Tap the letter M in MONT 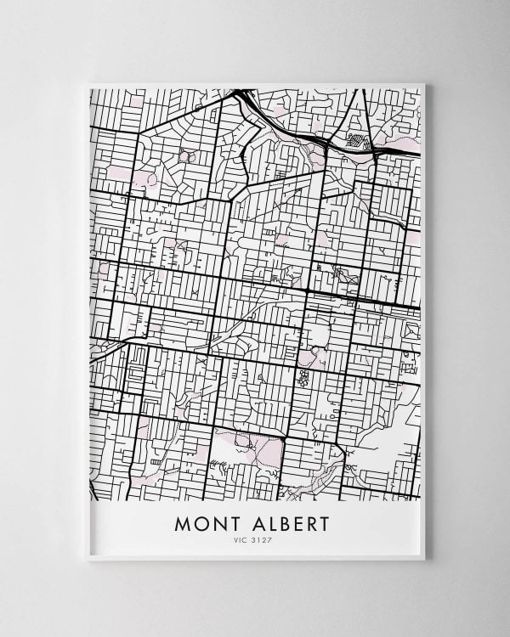(182, 523)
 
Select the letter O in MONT (197, 523)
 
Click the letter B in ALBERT (274, 523)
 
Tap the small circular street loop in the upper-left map (187, 156)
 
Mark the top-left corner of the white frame (88, 84)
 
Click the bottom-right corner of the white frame (424, 559)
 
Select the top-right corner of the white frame (424, 84)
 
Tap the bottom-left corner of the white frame (88, 559)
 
